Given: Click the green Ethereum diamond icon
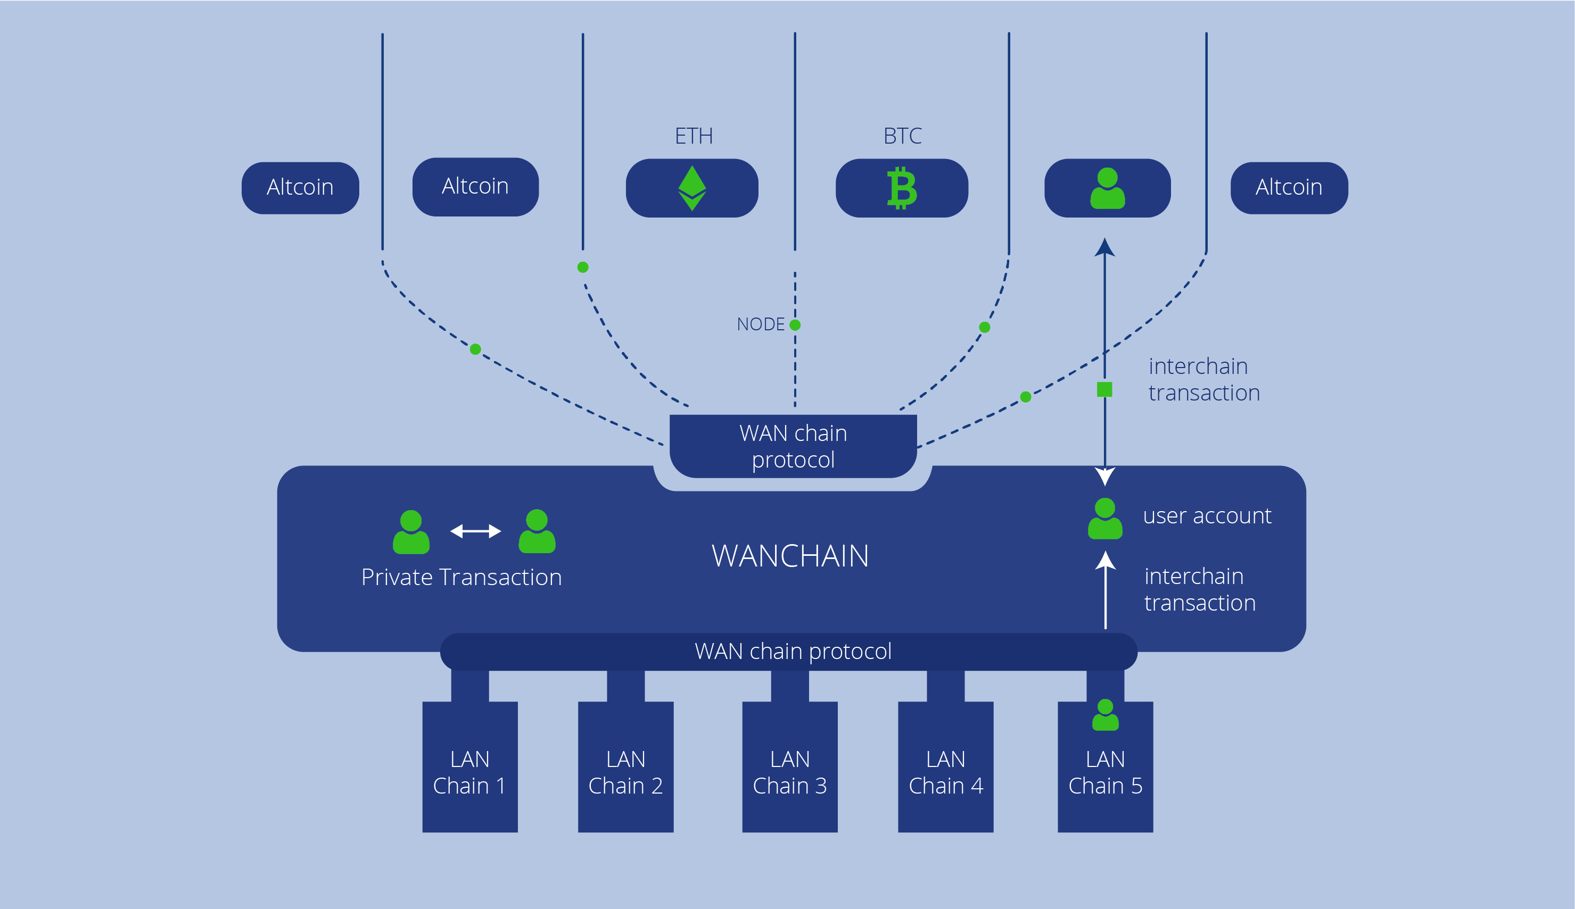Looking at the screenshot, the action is point(692,188).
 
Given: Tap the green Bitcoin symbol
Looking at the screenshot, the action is point(902,188).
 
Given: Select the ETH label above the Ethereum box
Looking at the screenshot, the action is point(694,136).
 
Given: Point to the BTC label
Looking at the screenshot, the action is point(902,136).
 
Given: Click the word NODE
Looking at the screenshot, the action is point(760,324).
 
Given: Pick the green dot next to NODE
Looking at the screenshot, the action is point(795,324).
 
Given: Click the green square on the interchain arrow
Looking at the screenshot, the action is point(1104,389).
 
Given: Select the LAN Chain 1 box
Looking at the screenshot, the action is point(470,766).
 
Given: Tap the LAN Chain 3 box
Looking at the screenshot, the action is point(790,766).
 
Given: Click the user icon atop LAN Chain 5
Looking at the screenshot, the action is point(1105,715).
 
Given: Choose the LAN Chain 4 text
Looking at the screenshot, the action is point(946,772).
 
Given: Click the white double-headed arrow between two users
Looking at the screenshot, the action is point(475,531).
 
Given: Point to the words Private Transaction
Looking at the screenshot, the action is point(461,577).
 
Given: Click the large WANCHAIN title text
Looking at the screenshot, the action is point(790,556).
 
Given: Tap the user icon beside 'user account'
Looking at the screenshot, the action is point(1105,518).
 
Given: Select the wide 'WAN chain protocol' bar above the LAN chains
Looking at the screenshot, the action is point(788,652).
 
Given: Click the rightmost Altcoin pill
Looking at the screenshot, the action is point(1289,188).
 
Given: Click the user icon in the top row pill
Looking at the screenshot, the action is point(1108,188).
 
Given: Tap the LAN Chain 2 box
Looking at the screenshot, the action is point(626,766).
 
